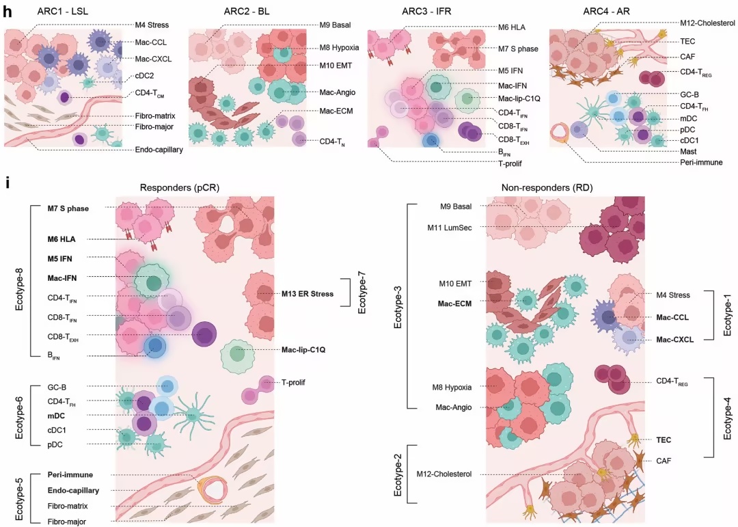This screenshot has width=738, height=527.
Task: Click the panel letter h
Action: (x=7, y=12)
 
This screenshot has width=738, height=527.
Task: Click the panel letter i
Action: (x=7, y=182)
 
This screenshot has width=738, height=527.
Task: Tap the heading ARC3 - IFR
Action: (x=426, y=12)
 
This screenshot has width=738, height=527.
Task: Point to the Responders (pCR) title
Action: (x=179, y=187)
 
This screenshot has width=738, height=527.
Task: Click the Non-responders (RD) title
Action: (x=547, y=187)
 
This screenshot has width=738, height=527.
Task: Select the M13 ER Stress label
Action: (x=307, y=294)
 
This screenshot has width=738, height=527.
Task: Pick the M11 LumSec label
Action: (x=450, y=228)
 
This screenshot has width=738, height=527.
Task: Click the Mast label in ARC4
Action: (x=688, y=152)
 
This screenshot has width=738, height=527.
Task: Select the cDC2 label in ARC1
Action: (x=144, y=76)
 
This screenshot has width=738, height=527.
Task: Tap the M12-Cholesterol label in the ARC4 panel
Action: (x=707, y=23)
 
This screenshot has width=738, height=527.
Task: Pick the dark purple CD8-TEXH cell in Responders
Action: (x=205, y=336)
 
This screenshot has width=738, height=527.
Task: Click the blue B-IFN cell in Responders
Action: (x=155, y=347)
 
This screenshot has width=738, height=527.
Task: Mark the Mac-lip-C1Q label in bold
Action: (x=303, y=350)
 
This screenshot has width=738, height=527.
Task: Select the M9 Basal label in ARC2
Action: (x=335, y=25)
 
